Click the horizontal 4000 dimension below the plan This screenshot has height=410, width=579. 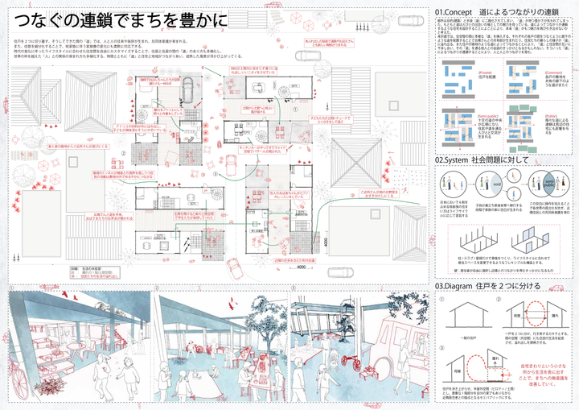click(x=302, y=267)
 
